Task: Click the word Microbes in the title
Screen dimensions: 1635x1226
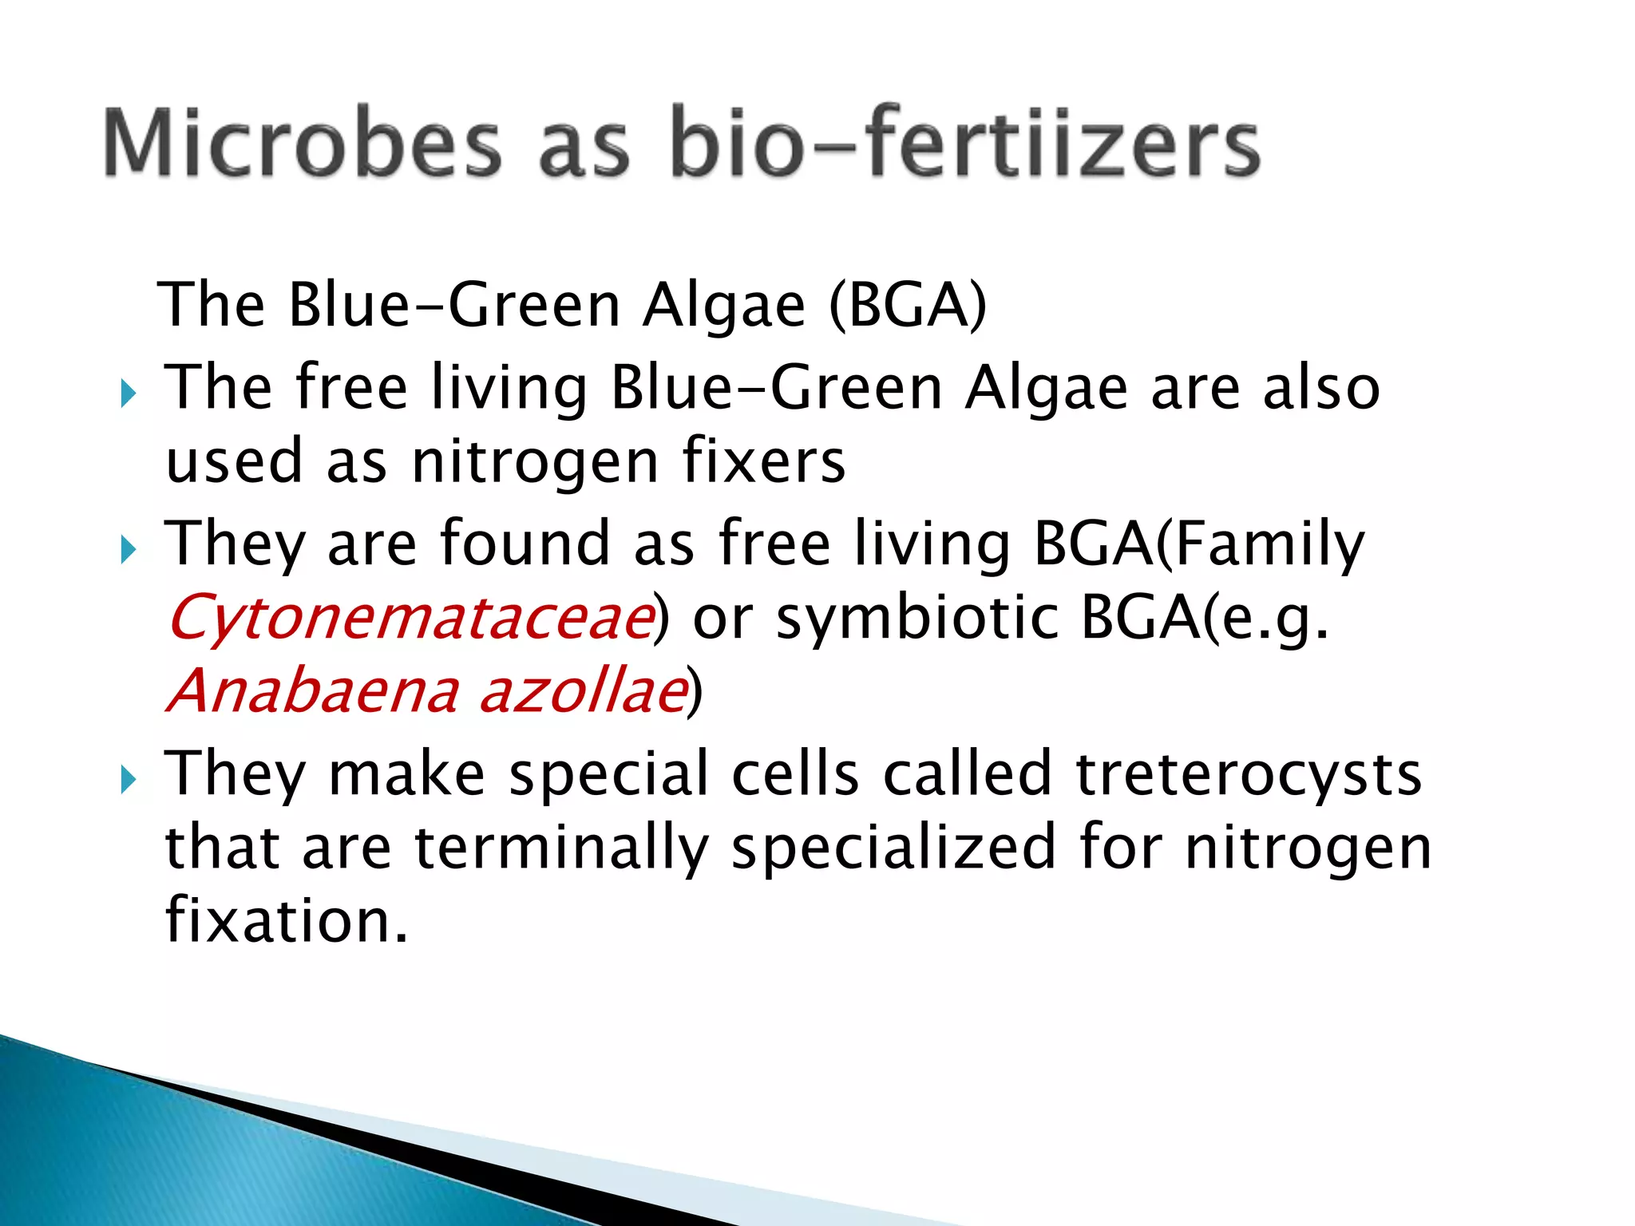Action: pyautogui.click(x=303, y=143)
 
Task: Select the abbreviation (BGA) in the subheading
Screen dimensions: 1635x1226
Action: pyautogui.click(x=908, y=306)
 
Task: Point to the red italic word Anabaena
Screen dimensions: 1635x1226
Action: pyautogui.click(x=313, y=690)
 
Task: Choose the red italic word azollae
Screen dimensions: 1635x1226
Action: pyautogui.click(x=584, y=690)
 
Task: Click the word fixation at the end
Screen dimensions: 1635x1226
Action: pyautogui.click(x=287, y=919)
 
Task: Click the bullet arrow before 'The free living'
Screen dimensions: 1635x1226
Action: pyautogui.click(x=129, y=393)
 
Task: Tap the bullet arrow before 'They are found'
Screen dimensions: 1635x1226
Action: pyautogui.click(x=129, y=549)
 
